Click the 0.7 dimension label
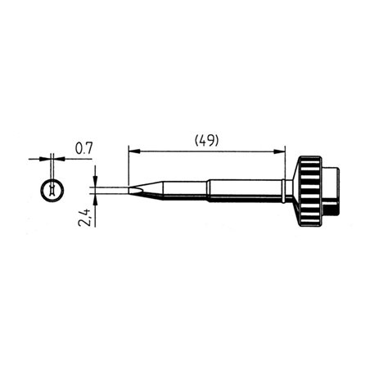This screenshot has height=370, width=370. pos(83,148)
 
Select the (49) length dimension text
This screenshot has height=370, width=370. pos(205,140)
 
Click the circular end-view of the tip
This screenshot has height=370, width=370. pos(51,190)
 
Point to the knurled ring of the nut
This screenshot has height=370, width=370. pos(309,190)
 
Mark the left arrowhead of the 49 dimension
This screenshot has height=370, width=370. pos(133,151)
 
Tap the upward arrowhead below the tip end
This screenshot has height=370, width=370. pos(96,201)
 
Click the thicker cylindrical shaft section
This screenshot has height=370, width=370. pos(246,191)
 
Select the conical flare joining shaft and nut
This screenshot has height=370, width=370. pos(291,190)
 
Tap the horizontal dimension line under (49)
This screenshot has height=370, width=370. pos(205,151)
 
